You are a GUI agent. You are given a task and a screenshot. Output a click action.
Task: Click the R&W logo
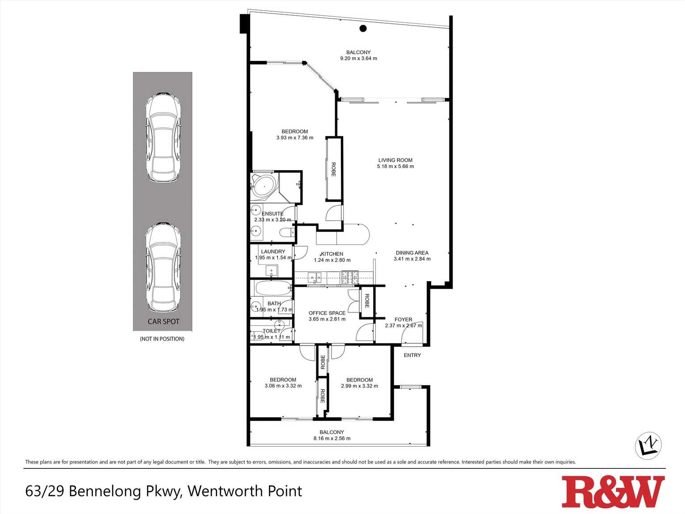pyautogui.click(x=613, y=492)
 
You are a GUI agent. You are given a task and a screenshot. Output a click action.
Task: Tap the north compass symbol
pyautogui.click(x=648, y=445)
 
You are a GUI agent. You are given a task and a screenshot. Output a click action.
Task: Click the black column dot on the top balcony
pyautogui.click(x=363, y=29)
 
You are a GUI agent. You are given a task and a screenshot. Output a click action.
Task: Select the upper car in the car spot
pyautogui.click(x=163, y=137)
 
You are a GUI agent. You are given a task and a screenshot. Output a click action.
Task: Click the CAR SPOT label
pyautogui.click(x=164, y=321)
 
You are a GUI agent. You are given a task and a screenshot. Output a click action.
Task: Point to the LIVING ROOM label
pyautogui.click(x=395, y=160)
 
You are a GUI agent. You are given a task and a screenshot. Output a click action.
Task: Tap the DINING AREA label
pyautogui.click(x=412, y=253)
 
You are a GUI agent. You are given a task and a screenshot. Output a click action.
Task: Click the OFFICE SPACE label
pyautogui.click(x=327, y=313)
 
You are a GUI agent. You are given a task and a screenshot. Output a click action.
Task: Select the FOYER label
pyautogui.click(x=403, y=320)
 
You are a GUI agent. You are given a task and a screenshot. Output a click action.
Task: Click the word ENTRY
pyautogui.click(x=412, y=355)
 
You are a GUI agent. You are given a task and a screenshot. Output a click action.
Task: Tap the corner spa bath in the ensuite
pyautogui.click(x=264, y=185)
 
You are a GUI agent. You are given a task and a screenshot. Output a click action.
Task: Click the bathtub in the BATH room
pyautogui.click(x=273, y=289)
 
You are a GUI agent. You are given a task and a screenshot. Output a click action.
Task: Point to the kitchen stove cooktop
pyautogui.click(x=349, y=278)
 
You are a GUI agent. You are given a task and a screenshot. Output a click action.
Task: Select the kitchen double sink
pyautogui.click(x=315, y=278)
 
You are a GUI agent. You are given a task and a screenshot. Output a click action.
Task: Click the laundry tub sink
pyautogui.click(x=271, y=270)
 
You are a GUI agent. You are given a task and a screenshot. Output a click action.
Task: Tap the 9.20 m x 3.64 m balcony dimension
pyautogui.click(x=358, y=59)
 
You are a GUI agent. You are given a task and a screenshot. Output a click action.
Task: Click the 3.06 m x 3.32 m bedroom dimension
pyautogui.click(x=283, y=386)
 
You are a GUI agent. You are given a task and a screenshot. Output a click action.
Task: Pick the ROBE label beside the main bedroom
pyautogui.click(x=333, y=169)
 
